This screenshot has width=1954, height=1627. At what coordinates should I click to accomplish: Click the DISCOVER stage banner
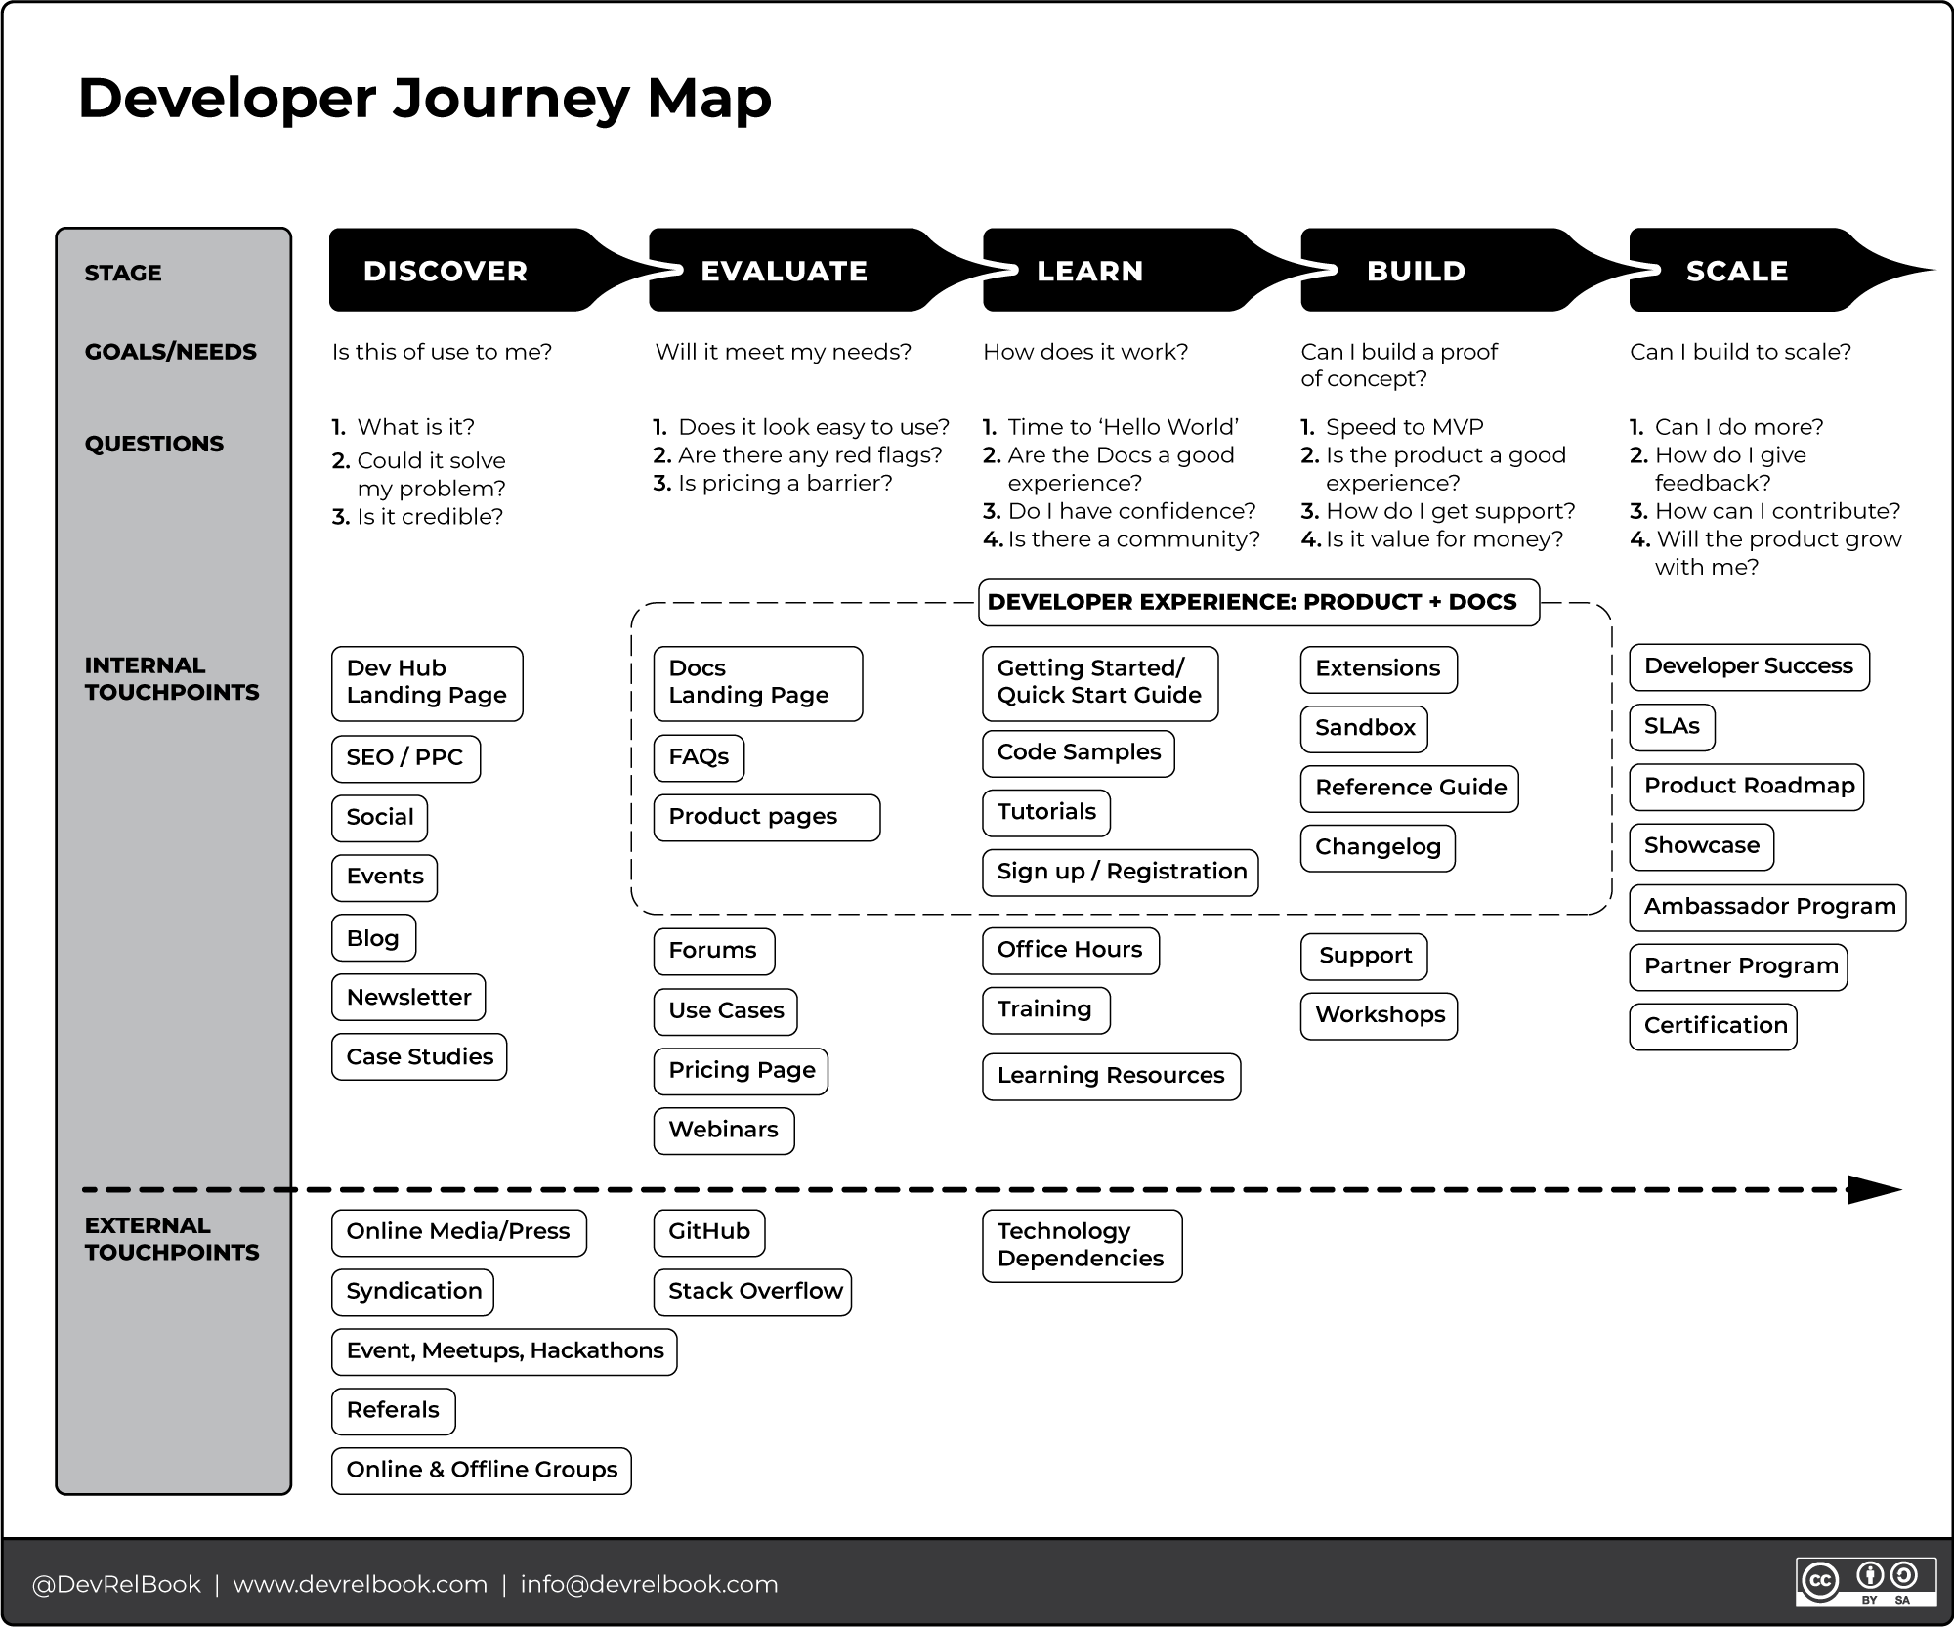(459, 271)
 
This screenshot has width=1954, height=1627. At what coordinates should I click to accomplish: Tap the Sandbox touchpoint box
(1364, 729)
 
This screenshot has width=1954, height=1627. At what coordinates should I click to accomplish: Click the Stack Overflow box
(752, 1292)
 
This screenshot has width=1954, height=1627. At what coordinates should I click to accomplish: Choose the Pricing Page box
(741, 1071)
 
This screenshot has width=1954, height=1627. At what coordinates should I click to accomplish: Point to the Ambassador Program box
(1767, 907)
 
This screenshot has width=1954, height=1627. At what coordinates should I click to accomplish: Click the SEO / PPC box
(405, 758)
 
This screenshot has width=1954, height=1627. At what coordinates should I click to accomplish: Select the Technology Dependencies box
(1082, 1246)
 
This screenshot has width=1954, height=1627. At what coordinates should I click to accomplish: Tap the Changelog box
(1378, 847)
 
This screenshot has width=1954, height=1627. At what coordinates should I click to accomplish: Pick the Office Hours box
(1070, 951)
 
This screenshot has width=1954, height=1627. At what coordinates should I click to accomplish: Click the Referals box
(393, 1411)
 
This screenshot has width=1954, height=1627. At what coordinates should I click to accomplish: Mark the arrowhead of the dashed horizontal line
(1874, 1190)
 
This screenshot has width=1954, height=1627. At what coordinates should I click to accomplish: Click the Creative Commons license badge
(1865, 1581)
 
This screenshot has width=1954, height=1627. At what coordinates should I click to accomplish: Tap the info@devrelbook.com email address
(649, 1584)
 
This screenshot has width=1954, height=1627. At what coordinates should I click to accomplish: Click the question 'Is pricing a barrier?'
(784, 484)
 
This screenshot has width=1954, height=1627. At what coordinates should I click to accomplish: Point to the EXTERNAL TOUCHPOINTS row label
(172, 1239)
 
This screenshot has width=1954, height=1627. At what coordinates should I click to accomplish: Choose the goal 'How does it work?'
(1084, 352)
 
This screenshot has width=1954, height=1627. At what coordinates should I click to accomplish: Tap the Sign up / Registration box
(1120, 873)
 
